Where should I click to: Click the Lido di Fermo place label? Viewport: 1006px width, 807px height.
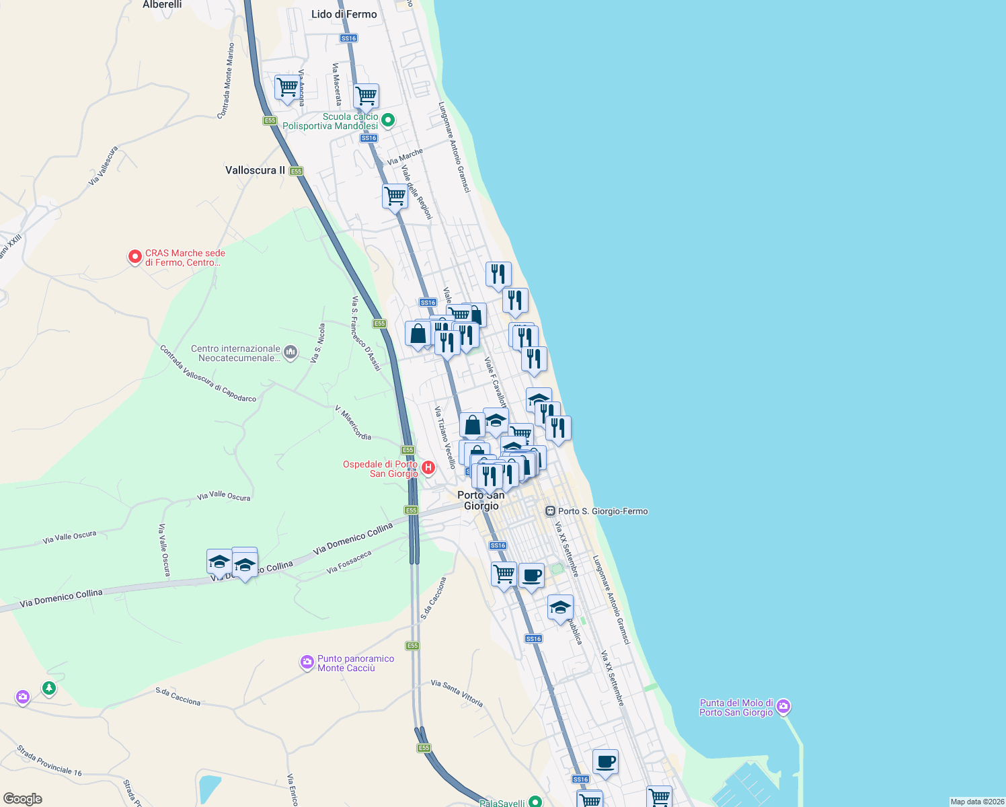[344, 14]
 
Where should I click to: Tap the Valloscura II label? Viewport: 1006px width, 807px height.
[255, 170]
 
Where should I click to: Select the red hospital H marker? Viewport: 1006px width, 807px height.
[428, 467]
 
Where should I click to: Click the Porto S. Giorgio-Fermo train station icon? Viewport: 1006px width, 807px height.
[550, 511]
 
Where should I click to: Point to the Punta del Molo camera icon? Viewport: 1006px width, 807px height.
[783, 707]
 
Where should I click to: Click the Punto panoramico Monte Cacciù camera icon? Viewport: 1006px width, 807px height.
[307, 663]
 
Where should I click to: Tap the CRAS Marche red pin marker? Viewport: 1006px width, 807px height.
[135, 257]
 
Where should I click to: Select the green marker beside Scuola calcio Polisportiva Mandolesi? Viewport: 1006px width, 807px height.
[388, 121]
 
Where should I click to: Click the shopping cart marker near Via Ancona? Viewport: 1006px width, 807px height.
[287, 87]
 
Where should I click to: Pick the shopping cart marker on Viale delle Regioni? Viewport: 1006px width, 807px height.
[395, 196]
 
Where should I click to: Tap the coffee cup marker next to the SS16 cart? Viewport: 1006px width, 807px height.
[531, 576]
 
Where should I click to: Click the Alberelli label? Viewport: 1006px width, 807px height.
[162, 5]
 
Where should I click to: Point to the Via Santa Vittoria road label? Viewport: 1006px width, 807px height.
[457, 693]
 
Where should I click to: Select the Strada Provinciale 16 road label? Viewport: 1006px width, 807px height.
[49, 761]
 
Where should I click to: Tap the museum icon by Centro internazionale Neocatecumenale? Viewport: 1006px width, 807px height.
[291, 352]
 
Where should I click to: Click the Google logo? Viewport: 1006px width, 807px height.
[22, 799]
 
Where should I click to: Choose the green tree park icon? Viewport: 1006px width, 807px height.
[48, 689]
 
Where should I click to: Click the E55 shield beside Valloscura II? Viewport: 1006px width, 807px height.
[297, 171]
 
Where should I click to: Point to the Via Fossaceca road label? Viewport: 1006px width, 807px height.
[349, 562]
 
